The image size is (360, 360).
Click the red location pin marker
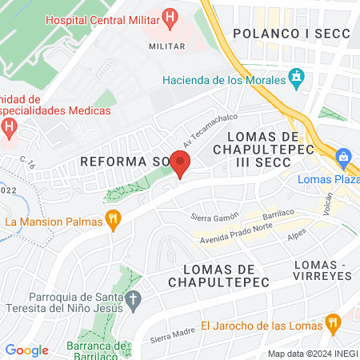click(x=181, y=163)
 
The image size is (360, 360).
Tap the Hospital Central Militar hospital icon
click(x=169, y=16)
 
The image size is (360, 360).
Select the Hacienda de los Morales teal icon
click(x=297, y=78)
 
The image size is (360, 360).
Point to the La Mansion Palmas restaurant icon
click(x=114, y=220)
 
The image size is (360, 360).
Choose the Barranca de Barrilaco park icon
click(x=122, y=346)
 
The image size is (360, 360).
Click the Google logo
click(x=26, y=350)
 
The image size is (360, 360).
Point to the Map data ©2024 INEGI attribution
click(x=312, y=354)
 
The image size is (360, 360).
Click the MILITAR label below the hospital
click(x=167, y=46)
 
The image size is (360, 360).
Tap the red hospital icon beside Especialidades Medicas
click(x=9, y=126)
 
